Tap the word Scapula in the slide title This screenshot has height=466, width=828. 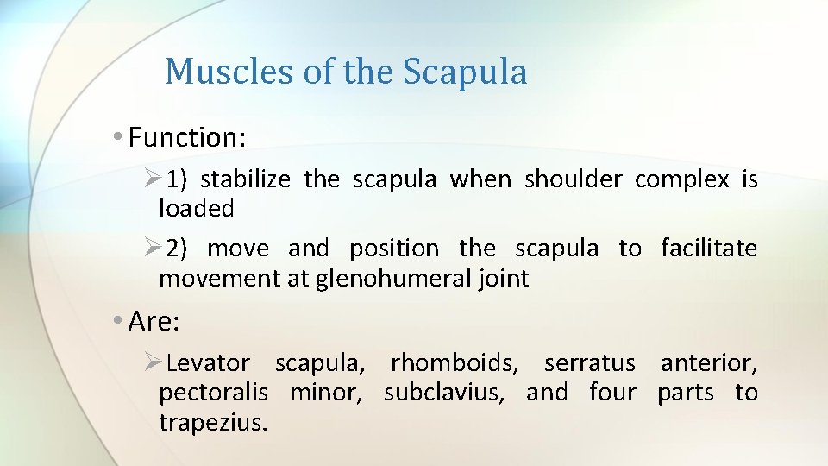(x=465, y=72)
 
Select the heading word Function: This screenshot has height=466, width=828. (x=186, y=136)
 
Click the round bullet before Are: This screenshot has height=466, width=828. (x=117, y=322)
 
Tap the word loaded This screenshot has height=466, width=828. (x=196, y=208)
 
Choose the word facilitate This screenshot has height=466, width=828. (x=708, y=249)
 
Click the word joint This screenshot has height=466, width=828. (x=505, y=279)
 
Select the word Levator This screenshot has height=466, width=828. (x=208, y=364)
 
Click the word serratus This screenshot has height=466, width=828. (x=589, y=364)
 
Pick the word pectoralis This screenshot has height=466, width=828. (x=213, y=394)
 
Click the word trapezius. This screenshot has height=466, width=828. (x=212, y=423)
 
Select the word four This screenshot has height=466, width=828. (x=612, y=394)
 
